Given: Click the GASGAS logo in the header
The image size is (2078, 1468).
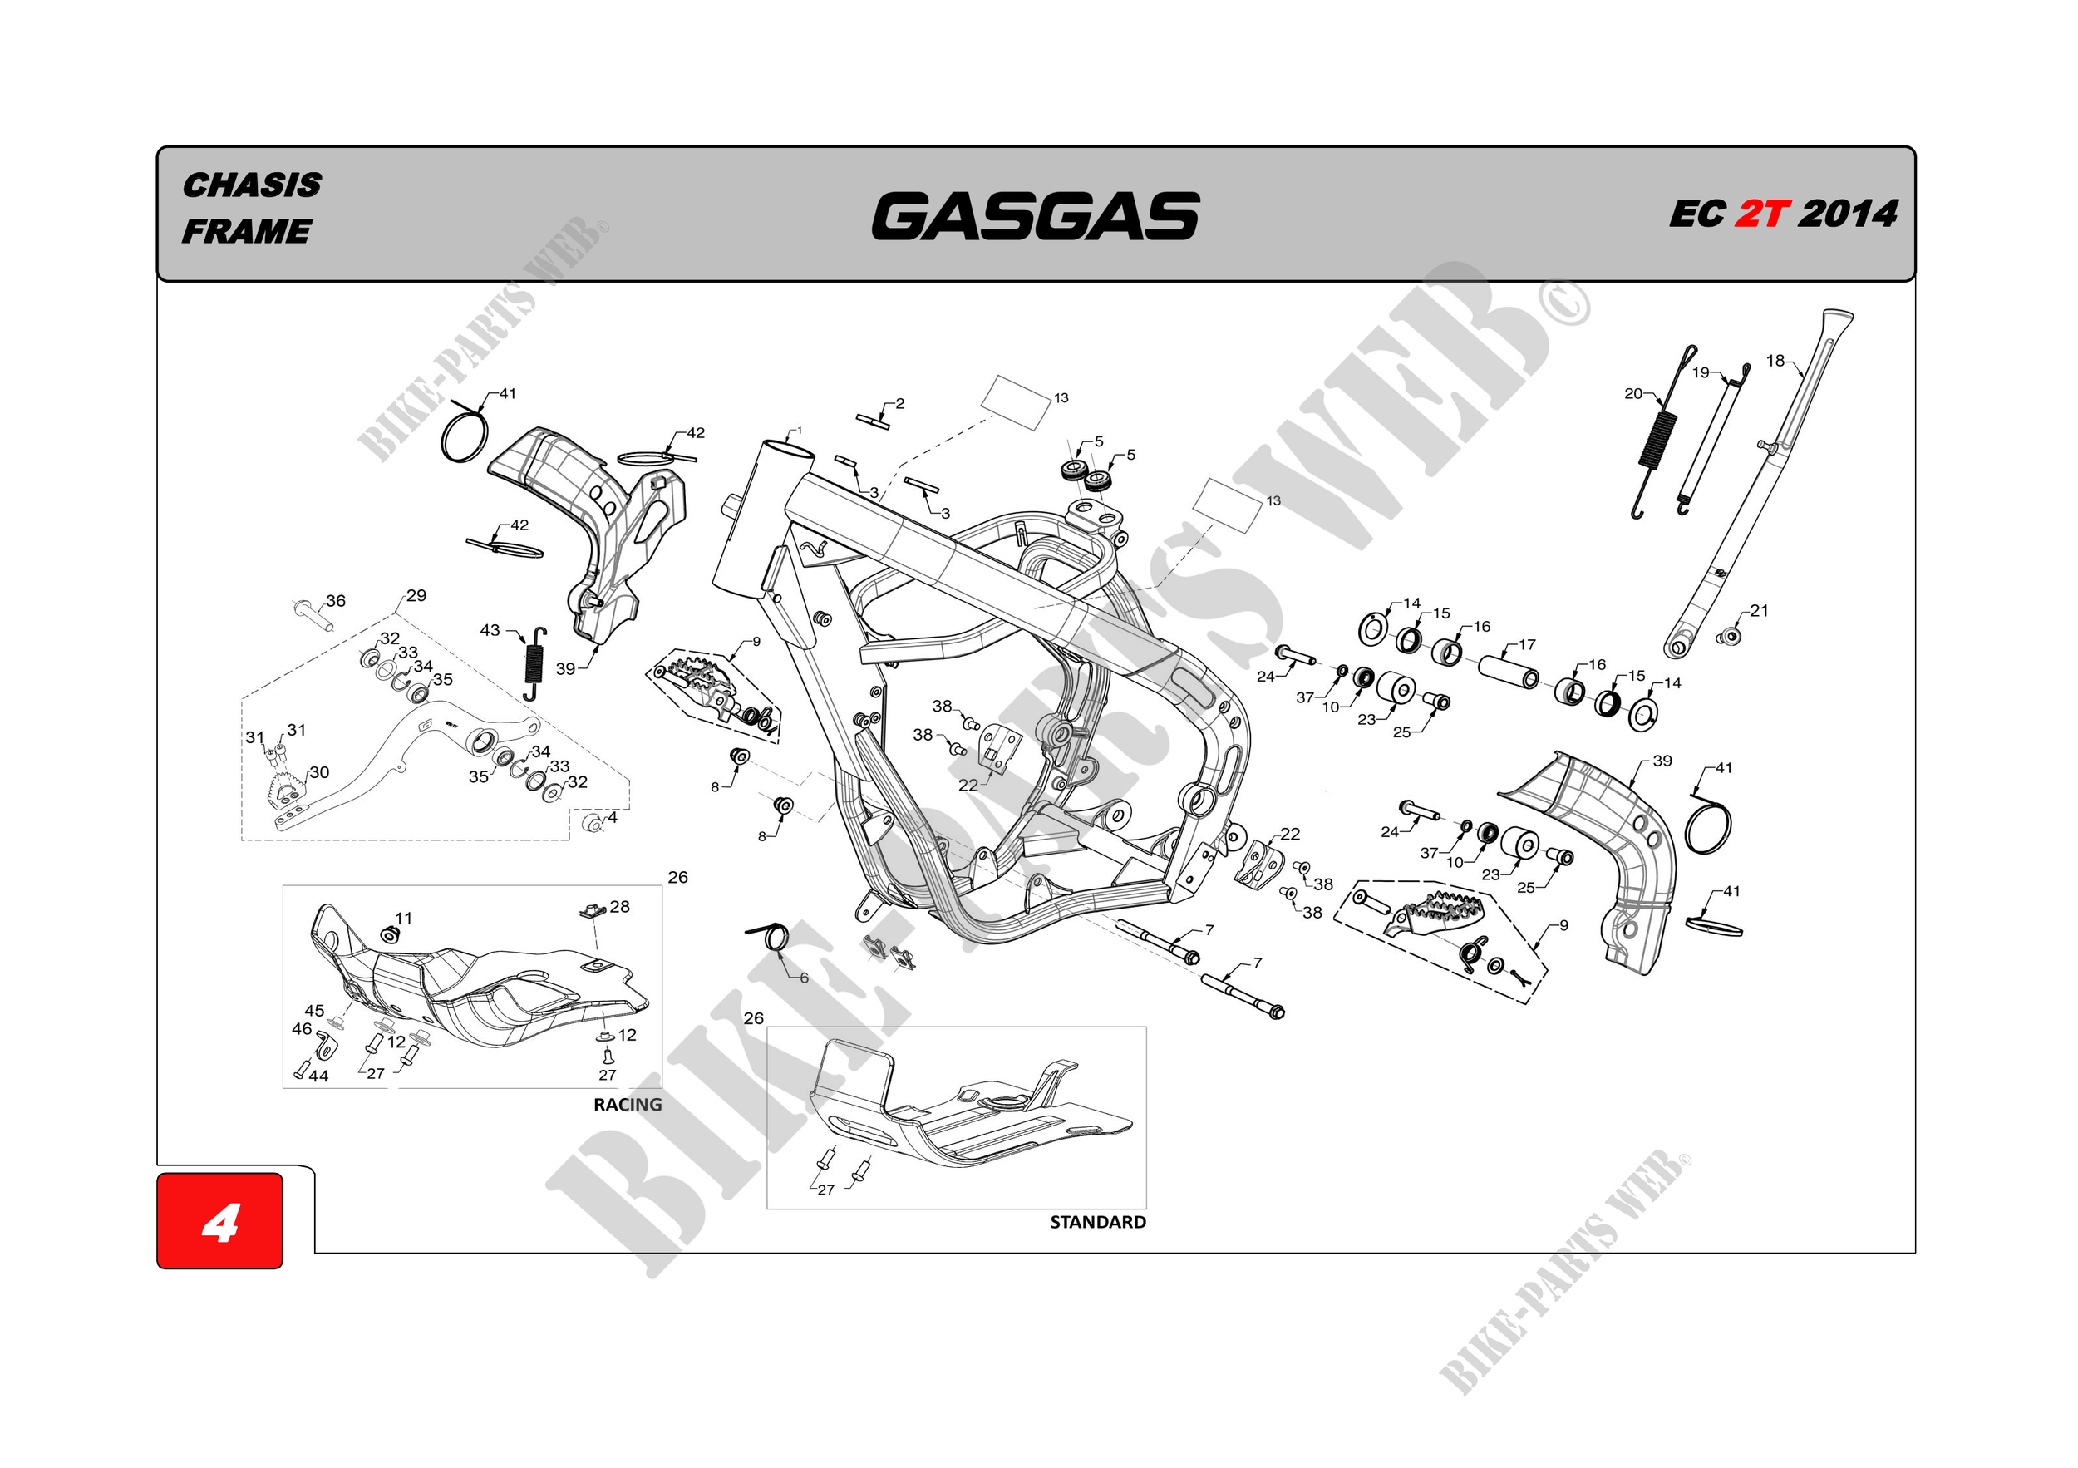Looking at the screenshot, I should pos(1035,216).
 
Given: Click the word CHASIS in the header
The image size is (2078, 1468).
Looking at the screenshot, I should pos(252,185).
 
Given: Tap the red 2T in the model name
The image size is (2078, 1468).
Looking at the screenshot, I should pos(1761,214).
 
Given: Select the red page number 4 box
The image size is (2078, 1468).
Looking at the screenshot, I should pos(220,1221).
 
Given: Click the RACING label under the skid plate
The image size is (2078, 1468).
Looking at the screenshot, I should pos(628,1104).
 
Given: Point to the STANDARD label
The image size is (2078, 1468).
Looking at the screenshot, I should pos(1097,1222).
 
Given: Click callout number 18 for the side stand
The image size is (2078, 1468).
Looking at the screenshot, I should pos(1775,361).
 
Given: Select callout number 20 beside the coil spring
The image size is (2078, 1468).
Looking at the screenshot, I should pos(1632,394).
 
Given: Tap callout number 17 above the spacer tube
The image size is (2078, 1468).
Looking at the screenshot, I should pos(1527,644).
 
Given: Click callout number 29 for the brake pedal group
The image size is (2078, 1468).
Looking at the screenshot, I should pos(416,595).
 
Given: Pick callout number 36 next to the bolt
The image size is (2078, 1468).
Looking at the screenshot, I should pos(336,601).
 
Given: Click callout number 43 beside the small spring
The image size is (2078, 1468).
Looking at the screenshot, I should pos(490,630).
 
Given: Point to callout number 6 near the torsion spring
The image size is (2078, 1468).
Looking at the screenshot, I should pos(804,978).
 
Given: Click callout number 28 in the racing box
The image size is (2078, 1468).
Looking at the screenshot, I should pos(619,907).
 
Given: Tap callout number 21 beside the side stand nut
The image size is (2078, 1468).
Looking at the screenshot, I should pos(1759,611).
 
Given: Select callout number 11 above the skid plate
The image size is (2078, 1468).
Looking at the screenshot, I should pos(404,919).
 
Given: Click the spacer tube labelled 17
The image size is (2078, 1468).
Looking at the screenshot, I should pos(1508,671).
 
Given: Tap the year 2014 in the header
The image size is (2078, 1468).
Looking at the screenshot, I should pos(1847,214).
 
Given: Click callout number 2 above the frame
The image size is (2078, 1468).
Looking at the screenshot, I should pos(899,404).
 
